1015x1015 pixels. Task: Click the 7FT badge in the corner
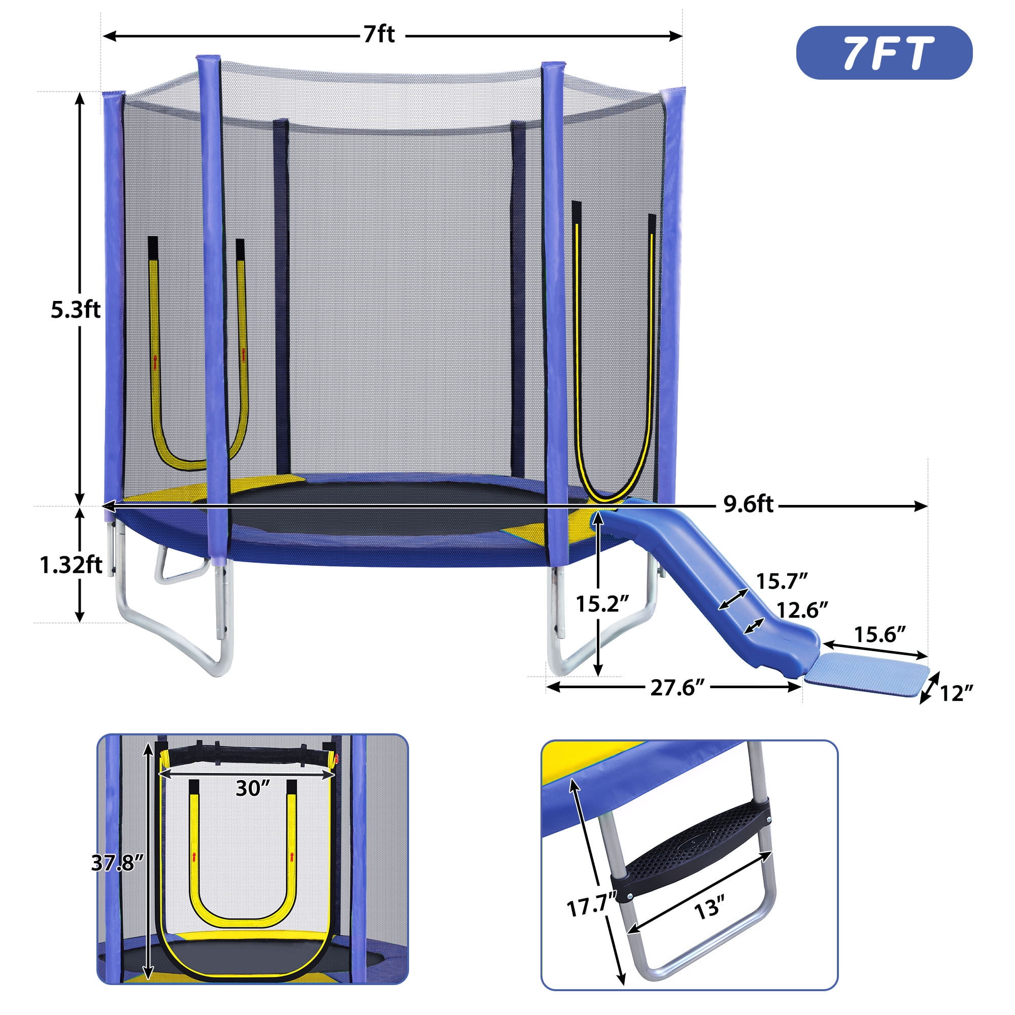[884, 53]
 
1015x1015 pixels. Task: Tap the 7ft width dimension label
[379, 35]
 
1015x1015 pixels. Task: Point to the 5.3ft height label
[75, 310]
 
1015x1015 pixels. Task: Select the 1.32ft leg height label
[71, 565]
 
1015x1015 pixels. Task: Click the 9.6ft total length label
[748, 505]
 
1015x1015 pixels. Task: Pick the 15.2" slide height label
[601, 604]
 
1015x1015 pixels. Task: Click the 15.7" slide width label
[782, 581]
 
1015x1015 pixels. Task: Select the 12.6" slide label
[802, 610]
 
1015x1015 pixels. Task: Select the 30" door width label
[252, 788]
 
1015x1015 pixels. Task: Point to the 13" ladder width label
[708, 907]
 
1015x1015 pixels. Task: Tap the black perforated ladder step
[693, 843]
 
